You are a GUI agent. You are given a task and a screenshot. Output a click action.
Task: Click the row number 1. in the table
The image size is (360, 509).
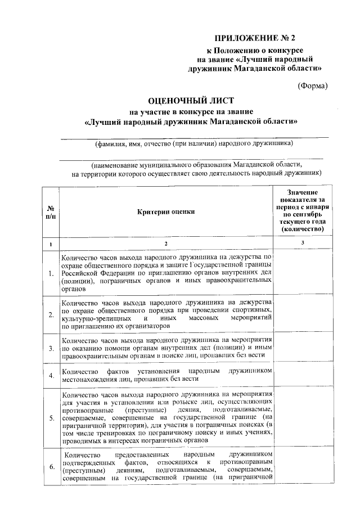tap(51, 274)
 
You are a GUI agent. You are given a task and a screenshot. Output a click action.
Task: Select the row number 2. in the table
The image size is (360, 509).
tap(51, 314)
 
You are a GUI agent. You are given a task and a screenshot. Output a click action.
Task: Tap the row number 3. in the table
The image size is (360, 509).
tap(51, 349)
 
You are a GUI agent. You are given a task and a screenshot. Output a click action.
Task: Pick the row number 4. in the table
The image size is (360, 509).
tap(51, 375)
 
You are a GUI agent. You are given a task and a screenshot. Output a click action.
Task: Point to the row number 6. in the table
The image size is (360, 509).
tap(51, 466)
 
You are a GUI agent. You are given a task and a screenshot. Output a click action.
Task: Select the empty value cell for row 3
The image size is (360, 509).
tap(303, 348)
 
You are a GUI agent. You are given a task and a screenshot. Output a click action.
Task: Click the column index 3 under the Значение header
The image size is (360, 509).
tap(303, 243)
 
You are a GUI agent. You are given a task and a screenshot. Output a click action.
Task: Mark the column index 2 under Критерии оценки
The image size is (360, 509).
tap(166, 244)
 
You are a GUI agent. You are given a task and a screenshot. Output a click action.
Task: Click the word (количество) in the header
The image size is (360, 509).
tap(303, 229)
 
